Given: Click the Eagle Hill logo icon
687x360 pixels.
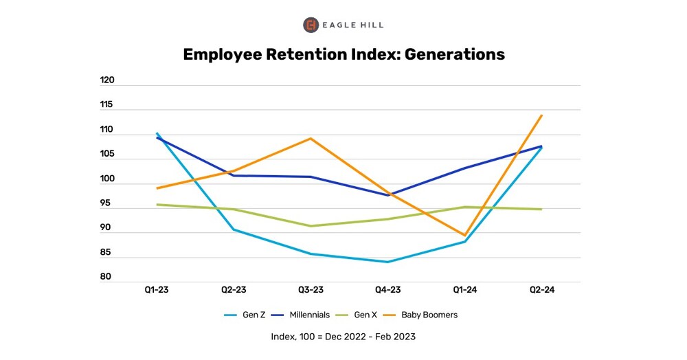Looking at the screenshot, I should coord(311,25).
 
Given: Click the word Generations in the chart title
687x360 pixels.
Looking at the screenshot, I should coord(453,54).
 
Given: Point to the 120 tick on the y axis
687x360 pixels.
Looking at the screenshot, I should coord(107,80).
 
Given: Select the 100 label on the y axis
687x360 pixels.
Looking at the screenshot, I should coord(107,179).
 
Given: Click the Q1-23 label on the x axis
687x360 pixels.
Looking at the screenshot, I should coord(157,290).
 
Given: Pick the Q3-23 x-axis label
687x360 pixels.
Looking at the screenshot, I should coord(311,290).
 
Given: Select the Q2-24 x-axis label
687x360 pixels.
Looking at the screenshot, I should coord(541,290).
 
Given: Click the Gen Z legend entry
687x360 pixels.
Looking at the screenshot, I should coord(247,315).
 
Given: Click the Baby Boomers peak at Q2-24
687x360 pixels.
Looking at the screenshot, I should coord(542,115).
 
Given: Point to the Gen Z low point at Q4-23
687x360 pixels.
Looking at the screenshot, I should coord(387,262).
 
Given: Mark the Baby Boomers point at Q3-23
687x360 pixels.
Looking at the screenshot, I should coord(311,139).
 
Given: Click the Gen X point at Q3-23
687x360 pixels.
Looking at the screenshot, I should coord(311,226).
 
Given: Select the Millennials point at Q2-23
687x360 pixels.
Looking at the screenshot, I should coord(234,176).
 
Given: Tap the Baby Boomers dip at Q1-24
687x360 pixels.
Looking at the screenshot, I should coord(464,236).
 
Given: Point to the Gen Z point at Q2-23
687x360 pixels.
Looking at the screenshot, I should coord(234,229).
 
